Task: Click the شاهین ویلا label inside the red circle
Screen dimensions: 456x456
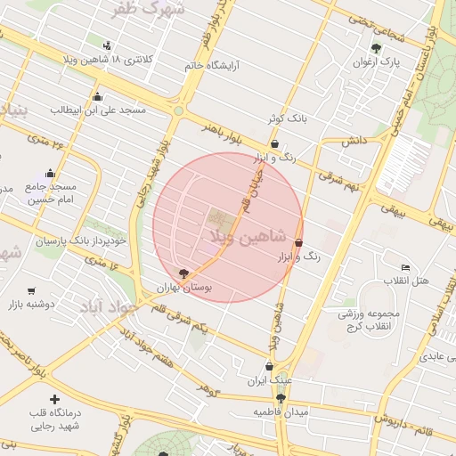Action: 248,237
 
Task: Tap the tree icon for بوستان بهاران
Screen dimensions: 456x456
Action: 183,273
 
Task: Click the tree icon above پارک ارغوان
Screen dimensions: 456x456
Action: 377,48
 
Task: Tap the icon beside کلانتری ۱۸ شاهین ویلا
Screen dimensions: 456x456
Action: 108,45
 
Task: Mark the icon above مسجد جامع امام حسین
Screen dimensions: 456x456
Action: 50,174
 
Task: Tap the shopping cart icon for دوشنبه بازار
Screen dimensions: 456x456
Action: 32,290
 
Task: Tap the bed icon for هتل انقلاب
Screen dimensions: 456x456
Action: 406,267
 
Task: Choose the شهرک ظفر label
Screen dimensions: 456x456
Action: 149,10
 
